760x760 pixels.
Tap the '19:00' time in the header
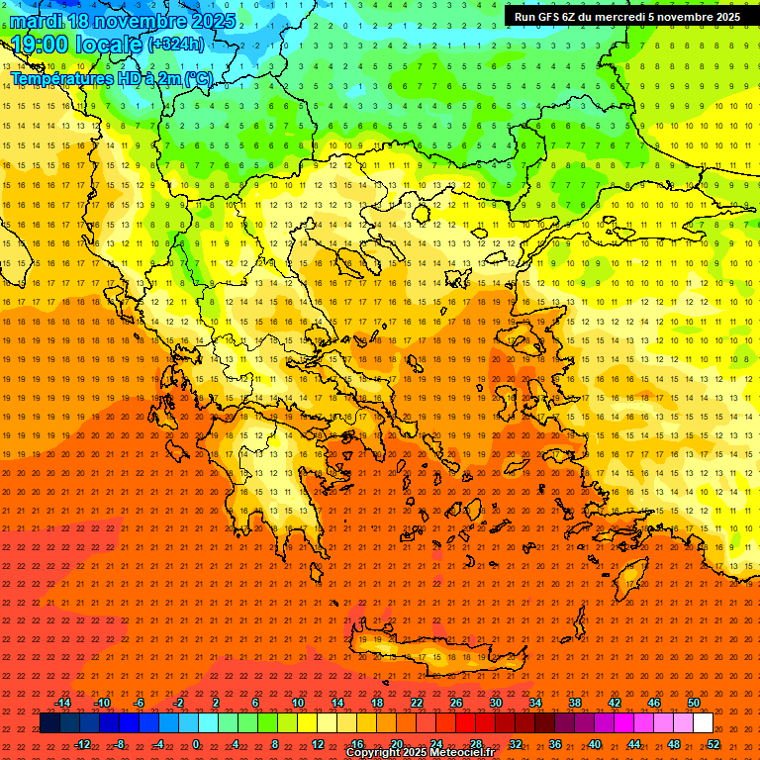41,45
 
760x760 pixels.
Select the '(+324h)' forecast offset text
176,45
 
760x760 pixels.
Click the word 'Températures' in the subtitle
66,78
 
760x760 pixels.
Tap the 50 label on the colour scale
694,703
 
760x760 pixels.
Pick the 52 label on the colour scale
713,743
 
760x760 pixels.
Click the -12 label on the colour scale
82,743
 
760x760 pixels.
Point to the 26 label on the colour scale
456,703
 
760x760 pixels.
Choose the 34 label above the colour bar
535,703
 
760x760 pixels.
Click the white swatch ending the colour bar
703,723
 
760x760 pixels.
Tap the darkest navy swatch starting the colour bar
49,723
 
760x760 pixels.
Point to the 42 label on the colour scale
615,703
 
